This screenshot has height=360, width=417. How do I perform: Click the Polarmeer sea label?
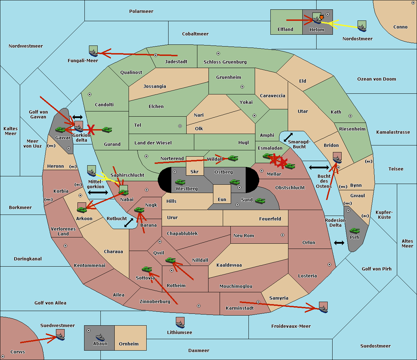[x=141, y=11]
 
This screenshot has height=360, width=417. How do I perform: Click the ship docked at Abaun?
[x=100, y=337]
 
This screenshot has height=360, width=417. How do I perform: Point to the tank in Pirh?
[x=354, y=231]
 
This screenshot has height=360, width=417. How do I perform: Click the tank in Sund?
[x=260, y=201]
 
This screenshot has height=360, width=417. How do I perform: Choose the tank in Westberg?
[x=180, y=182]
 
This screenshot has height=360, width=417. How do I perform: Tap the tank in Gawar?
[x=60, y=129]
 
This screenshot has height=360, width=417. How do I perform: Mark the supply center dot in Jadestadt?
[x=156, y=55]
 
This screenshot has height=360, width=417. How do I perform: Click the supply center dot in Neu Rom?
[x=283, y=235]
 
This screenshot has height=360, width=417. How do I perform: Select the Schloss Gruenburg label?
[x=225, y=62]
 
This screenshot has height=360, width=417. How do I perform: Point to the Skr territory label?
[x=194, y=171]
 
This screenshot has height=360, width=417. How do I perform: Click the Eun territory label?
[x=222, y=199]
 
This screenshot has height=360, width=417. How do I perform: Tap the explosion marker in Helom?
[x=321, y=17]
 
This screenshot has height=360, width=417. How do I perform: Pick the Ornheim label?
[x=129, y=344]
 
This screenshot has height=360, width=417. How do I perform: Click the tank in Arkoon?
[x=82, y=210]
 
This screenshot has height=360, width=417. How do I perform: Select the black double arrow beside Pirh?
[x=339, y=243]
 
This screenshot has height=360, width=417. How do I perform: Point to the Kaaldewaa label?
[x=229, y=265]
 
